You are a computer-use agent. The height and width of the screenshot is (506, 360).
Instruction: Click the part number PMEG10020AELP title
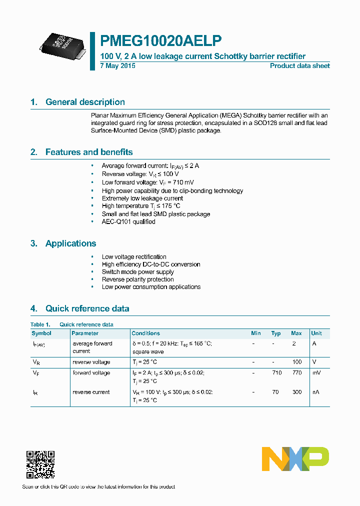click(x=161, y=40)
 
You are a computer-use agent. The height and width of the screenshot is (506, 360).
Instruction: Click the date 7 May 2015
click(x=117, y=66)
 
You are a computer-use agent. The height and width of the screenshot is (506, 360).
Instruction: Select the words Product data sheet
click(x=299, y=66)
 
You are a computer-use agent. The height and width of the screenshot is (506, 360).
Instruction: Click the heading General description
click(x=85, y=102)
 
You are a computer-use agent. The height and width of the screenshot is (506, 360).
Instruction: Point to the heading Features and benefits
click(x=89, y=152)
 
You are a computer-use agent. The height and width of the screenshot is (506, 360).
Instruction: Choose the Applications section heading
click(x=70, y=243)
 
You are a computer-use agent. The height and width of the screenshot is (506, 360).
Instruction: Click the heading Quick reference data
click(x=87, y=308)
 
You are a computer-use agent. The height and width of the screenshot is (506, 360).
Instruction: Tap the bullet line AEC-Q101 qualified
click(x=128, y=221)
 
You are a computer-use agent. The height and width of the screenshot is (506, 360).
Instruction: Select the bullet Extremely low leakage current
click(x=142, y=198)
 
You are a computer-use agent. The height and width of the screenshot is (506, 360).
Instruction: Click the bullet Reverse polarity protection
click(x=137, y=279)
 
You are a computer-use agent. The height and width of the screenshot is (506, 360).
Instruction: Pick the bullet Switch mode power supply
click(x=137, y=272)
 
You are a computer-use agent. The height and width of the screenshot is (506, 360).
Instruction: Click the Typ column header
click(x=276, y=333)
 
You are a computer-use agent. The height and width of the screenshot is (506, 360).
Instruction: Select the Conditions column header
click(x=145, y=333)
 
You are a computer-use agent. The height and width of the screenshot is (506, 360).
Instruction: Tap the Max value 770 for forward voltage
click(x=296, y=373)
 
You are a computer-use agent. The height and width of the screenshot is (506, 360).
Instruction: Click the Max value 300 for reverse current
click(x=296, y=392)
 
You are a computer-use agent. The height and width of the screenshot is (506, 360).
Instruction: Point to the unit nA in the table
click(x=316, y=392)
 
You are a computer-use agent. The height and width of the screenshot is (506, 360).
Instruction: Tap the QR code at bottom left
click(x=40, y=464)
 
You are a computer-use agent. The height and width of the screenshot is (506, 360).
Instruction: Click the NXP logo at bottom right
click(x=295, y=458)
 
